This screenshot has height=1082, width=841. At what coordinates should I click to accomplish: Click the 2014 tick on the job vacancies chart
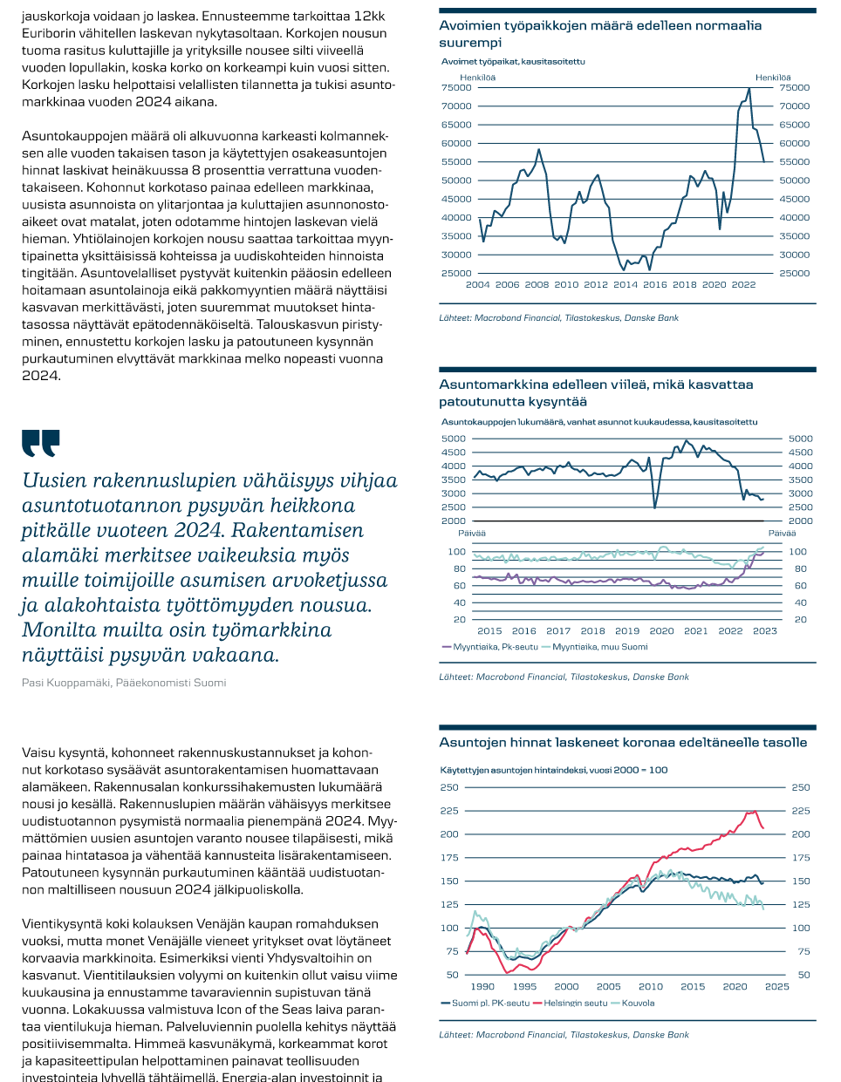click(x=626, y=284)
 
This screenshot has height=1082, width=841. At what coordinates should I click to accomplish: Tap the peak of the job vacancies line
click(x=749, y=89)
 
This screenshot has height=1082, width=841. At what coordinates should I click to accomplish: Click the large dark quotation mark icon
click(x=41, y=443)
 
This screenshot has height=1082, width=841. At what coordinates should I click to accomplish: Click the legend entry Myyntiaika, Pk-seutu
click(x=496, y=647)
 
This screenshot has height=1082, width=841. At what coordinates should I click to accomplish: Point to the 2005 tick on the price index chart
click(x=608, y=986)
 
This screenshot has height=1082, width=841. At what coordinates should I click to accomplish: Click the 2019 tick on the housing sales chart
click(x=627, y=630)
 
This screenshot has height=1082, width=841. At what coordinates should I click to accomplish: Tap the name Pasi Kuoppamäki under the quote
click(x=66, y=683)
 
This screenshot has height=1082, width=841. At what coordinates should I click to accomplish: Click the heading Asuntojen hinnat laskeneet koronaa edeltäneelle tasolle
click(x=623, y=743)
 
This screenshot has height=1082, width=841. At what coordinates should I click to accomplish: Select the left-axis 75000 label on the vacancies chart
click(x=456, y=87)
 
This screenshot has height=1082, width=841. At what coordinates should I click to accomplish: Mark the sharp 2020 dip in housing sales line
click(x=655, y=506)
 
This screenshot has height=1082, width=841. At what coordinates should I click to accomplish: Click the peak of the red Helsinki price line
click(x=752, y=812)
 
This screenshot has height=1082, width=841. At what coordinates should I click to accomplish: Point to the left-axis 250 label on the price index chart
click(x=449, y=787)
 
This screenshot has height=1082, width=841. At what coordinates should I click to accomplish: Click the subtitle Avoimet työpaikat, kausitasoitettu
click(x=513, y=62)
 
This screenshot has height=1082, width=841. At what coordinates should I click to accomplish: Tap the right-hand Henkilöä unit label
click(x=773, y=78)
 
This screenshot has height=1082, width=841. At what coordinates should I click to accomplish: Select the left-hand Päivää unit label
click(x=471, y=533)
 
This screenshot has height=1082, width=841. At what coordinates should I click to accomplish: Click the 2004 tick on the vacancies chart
click(x=478, y=284)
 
